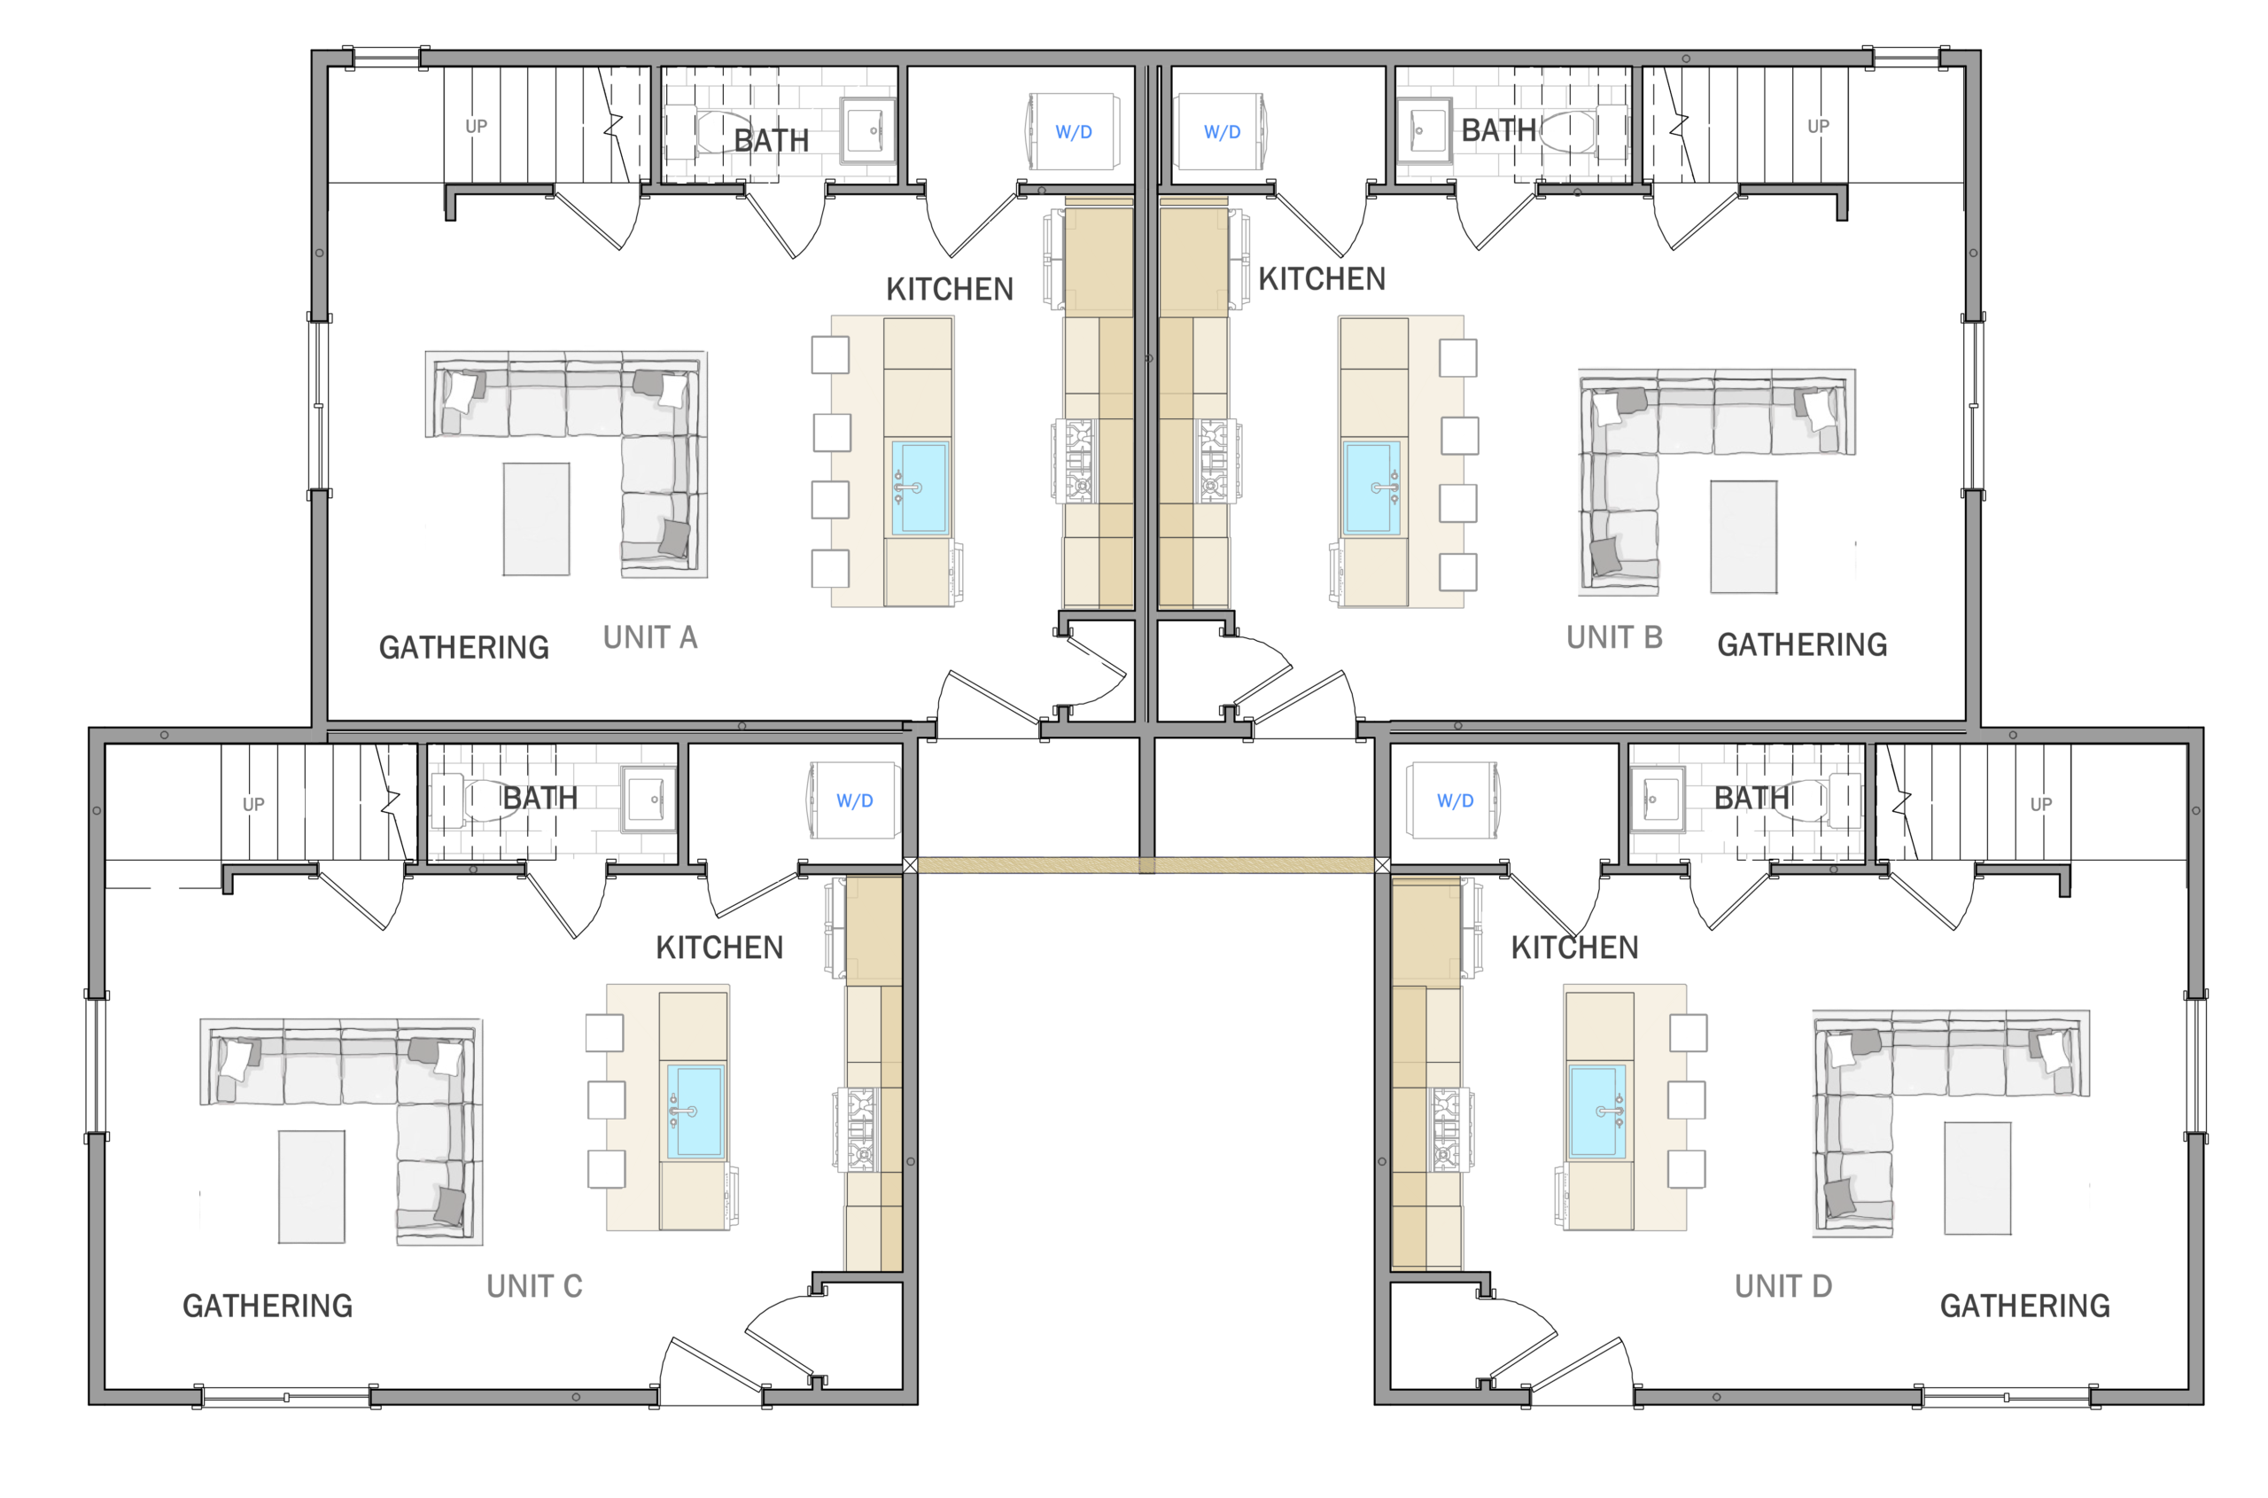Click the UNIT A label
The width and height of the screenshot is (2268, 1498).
pyautogui.click(x=650, y=637)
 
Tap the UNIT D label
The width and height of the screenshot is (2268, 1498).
pyautogui.click(x=1783, y=1286)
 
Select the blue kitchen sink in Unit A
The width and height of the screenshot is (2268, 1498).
pyautogui.click(x=920, y=488)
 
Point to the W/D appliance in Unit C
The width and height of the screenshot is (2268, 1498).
pyautogui.click(x=856, y=800)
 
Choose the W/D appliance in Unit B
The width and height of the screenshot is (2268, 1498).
pyautogui.click(x=1222, y=132)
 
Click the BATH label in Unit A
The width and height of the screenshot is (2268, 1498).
pyautogui.click(x=771, y=140)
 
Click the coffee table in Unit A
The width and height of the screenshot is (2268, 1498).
pyautogui.click(x=537, y=519)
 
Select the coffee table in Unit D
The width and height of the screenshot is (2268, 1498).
pyautogui.click(x=1977, y=1178)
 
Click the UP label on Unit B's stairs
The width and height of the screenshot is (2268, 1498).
pyautogui.click(x=1818, y=126)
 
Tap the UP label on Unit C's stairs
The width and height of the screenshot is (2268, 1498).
pyautogui.click(x=253, y=805)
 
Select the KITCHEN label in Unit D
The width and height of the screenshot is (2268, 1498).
pyautogui.click(x=1574, y=947)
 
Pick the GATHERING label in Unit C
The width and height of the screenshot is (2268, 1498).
pyautogui.click(x=268, y=1305)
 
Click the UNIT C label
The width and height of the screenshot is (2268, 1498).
pyautogui.click(x=535, y=1286)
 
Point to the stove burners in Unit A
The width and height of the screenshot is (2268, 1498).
pyautogui.click(x=1076, y=462)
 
